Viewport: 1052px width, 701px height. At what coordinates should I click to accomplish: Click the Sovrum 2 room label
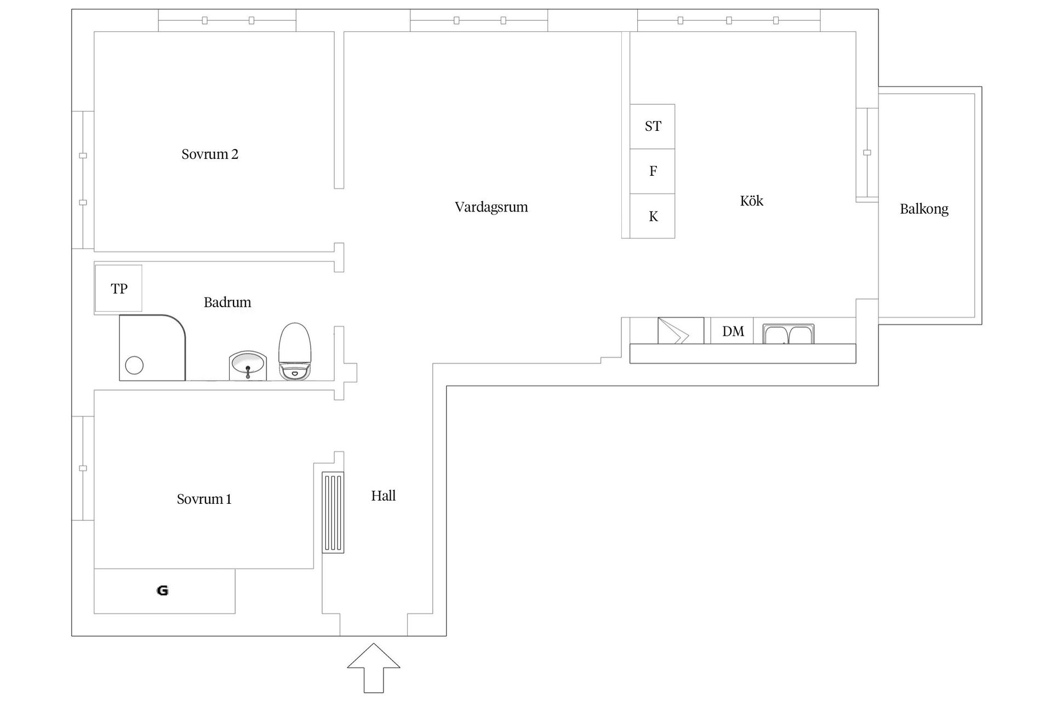pyautogui.click(x=210, y=154)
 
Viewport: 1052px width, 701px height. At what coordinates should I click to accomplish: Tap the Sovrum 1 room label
pyautogui.click(x=204, y=499)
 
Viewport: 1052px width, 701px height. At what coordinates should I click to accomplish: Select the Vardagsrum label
pyautogui.click(x=491, y=207)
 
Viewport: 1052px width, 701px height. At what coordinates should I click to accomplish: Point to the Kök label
pyautogui.click(x=751, y=200)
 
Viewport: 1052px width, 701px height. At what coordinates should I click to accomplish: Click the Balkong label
pyautogui.click(x=924, y=209)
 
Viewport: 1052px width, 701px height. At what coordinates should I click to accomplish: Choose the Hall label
pyautogui.click(x=384, y=496)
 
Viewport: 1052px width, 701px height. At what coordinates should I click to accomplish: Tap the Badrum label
pyautogui.click(x=227, y=302)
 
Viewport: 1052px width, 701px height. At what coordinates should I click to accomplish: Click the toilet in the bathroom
pyautogui.click(x=295, y=351)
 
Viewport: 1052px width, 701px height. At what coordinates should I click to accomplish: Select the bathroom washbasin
pyautogui.click(x=248, y=365)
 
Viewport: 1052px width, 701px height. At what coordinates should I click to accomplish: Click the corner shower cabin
pyautogui.click(x=152, y=347)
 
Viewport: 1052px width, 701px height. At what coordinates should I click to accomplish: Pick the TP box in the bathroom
pyautogui.click(x=118, y=288)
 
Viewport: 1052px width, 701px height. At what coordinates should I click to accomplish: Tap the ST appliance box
pyautogui.click(x=652, y=127)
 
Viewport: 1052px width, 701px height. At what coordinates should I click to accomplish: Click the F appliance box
pyautogui.click(x=652, y=171)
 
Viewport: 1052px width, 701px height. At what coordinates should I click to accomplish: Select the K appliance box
pyautogui.click(x=652, y=216)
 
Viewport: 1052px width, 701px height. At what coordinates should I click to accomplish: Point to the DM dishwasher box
pyautogui.click(x=733, y=331)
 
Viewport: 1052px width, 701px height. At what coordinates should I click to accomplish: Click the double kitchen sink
pyautogui.click(x=788, y=334)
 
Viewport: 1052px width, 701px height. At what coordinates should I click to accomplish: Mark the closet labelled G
pyautogui.click(x=164, y=591)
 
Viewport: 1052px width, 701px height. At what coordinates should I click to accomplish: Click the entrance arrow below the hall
pyautogui.click(x=374, y=668)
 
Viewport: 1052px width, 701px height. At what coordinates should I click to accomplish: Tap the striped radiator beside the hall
pyautogui.click(x=333, y=512)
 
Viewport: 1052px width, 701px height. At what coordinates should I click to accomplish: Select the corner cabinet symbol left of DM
pyautogui.click(x=681, y=331)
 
